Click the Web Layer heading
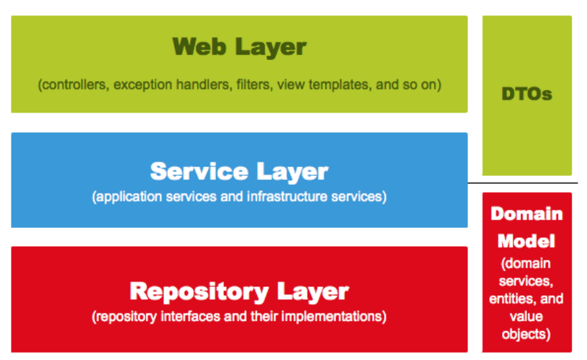click(240, 47)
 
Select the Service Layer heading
click(240, 171)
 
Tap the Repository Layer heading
click(240, 292)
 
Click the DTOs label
click(527, 94)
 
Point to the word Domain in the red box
click(527, 214)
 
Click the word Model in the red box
click(527, 241)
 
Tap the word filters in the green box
click(255, 86)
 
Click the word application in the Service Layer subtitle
click(126, 198)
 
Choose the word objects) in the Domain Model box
click(527, 334)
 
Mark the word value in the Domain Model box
click(527, 316)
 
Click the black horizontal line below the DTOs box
click(523, 183)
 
